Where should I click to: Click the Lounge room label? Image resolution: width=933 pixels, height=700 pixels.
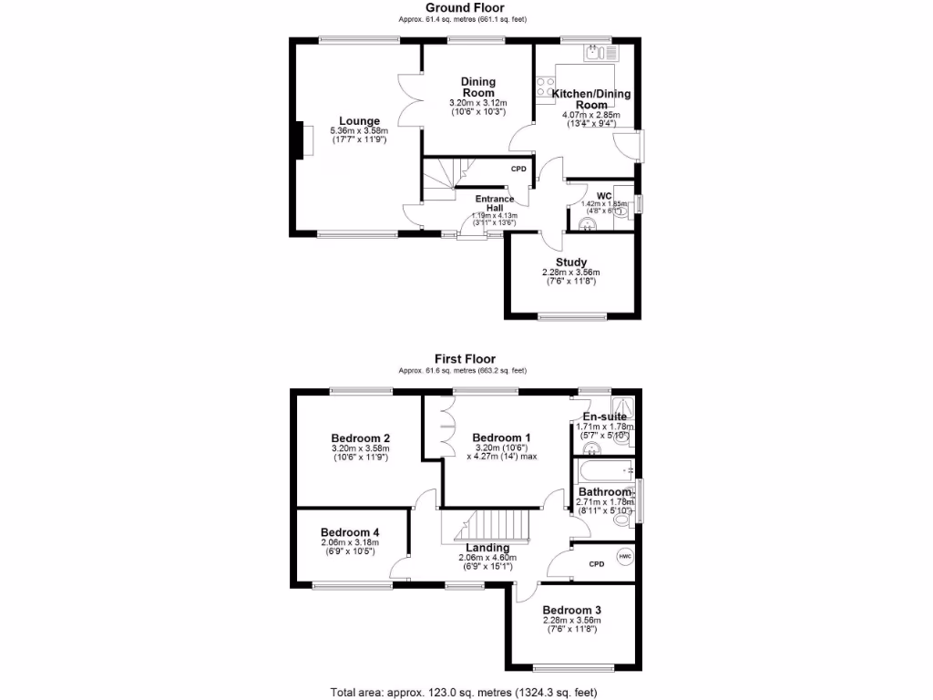[x=359, y=121]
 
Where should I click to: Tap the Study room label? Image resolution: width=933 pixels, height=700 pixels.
[x=571, y=262]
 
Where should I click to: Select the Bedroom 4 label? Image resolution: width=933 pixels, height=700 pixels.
[x=350, y=532]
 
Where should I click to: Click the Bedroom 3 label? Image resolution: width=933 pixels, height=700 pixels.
[x=571, y=610]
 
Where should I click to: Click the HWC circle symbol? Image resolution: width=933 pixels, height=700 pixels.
[x=625, y=556]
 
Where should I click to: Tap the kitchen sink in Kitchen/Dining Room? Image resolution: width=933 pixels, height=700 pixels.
[x=600, y=53]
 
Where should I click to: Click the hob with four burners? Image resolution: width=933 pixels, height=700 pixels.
[x=546, y=89]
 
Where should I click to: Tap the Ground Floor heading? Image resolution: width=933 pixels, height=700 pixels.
[x=464, y=8]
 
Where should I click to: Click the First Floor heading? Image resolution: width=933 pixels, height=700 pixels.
[x=465, y=359]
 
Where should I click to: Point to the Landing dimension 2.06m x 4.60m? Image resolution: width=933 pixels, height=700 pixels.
[x=487, y=558]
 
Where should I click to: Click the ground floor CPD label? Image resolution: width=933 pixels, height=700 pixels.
[x=518, y=170]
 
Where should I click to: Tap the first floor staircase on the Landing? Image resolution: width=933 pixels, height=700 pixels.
[x=487, y=525]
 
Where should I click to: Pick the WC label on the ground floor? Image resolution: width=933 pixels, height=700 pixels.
[x=603, y=196]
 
